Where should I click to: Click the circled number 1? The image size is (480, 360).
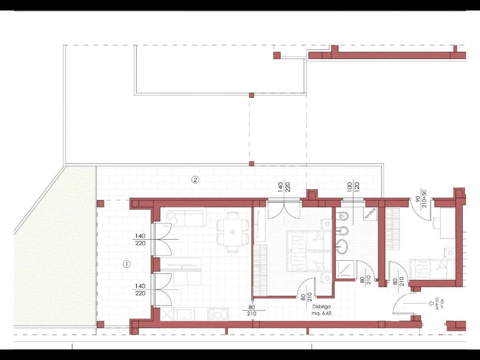[127, 264]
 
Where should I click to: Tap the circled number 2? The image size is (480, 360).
[195, 180]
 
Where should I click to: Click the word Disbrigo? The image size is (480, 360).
[321, 307]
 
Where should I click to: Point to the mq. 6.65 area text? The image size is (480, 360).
[321, 313]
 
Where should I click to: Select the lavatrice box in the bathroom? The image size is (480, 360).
[370, 214]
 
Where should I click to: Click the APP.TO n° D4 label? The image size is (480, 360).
[439, 304]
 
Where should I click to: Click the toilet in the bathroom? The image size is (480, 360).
[342, 216]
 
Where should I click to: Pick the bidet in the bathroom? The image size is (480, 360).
[342, 231]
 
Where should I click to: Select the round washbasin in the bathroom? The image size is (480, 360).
[342, 246]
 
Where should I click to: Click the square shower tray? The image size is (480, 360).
[345, 269]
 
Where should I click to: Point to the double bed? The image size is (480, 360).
[309, 251]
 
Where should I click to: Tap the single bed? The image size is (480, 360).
[432, 269]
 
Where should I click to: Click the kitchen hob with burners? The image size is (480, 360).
[218, 314]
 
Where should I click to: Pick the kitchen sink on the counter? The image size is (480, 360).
[184, 314]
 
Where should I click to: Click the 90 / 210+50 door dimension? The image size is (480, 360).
[421, 199]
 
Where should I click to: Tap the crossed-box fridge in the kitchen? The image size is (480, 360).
[167, 314]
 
